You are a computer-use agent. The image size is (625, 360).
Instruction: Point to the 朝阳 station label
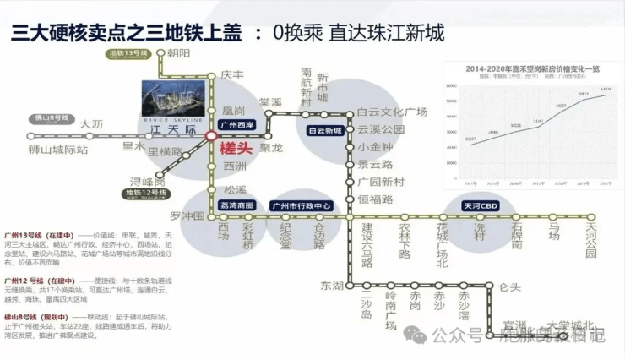point(179,53)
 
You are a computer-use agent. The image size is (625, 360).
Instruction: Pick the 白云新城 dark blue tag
point(325,131)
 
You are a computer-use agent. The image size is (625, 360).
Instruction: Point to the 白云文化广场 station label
point(393,112)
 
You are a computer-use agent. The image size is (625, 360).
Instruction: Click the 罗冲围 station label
point(187,216)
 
